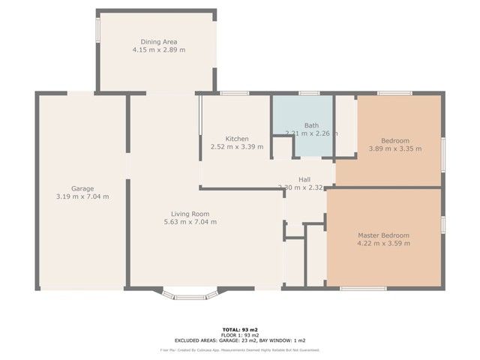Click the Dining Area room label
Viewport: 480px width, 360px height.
pyautogui.click(x=158, y=41)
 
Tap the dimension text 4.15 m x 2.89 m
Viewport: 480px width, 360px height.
pyautogui.click(x=158, y=49)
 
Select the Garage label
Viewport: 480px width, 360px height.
pyautogui.click(x=82, y=188)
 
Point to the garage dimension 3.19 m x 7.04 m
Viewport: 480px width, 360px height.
pyautogui.click(x=82, y=196)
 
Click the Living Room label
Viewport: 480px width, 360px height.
pyautogui.click(x=190, y=213)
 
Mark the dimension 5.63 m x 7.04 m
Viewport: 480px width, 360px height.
pyautogui.click(x=190, y=221)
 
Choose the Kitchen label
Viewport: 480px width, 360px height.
pyautogui.click(x=237, y=139)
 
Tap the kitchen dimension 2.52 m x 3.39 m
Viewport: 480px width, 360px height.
pyautogui.click(x=237, y=147)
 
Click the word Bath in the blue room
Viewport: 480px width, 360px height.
pyautogui.click(x=312, y=125)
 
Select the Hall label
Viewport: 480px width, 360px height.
pyautogui.click(x=304, y=179)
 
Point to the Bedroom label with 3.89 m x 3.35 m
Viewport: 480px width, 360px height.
pyautogui.click(x=394, y=140)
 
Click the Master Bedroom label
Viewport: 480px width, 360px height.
pyautogui.click(x=383, y=235)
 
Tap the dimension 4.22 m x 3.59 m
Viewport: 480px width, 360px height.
pyautogui.click(x=383, y=244)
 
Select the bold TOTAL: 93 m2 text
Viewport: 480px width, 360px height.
pyautogui.click(x=239, y=329)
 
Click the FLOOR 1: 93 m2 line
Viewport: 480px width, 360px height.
pyautogui.click(x=239, y=334)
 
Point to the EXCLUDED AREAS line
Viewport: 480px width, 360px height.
pyautogui.click(x=239, y=340)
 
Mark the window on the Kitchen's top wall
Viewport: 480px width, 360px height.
pyautogui.click(x=235, y=93)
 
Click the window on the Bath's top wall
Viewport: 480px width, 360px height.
pyautogui.click(x=309, y=93)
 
